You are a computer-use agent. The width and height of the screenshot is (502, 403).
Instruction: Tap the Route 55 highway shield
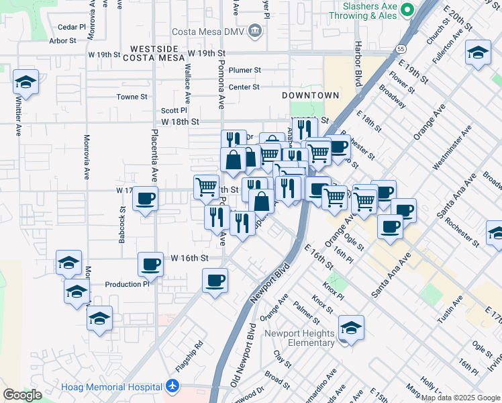[x=401, y=49]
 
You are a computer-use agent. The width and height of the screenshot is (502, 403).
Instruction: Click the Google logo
[x=22, y=395]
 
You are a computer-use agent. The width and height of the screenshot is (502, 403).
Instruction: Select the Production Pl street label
[x=127, y=284]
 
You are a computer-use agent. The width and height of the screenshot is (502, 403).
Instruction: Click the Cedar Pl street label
[x=72, y=28]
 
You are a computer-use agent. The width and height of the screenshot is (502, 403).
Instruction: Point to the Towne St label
[x=132, y=97]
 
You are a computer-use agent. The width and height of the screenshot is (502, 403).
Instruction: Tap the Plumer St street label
[x=244, y=70]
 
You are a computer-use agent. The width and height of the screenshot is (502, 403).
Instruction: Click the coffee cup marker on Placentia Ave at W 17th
[x=146, y=199]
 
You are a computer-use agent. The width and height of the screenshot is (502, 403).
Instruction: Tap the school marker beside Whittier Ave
[x=26, y=83]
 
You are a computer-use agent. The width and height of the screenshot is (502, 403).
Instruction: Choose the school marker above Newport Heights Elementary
[x=351, y=328]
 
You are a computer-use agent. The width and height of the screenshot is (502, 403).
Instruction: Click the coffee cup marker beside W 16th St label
[x=150, y=263]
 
